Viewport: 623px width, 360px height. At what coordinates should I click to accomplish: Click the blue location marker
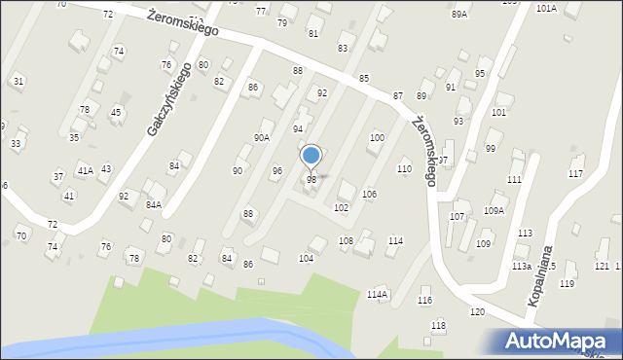click(311, 156)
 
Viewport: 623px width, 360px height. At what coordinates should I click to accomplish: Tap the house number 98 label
click(311, 180)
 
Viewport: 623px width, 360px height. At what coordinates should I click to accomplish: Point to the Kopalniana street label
click(545, 275)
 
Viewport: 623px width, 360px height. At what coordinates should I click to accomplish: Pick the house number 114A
click(377, 294)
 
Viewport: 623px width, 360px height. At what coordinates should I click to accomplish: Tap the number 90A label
click(262, 138)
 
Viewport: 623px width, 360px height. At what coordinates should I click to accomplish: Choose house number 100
click(376, 138)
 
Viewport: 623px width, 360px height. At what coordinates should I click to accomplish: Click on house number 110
click(404, 169)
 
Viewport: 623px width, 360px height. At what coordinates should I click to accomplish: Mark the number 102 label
click(342, 208)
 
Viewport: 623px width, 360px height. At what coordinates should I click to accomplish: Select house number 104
click(306, 258)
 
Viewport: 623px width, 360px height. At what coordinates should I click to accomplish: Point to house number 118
click(439, 325)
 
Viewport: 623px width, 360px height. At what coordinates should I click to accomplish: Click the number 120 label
click(477, 311)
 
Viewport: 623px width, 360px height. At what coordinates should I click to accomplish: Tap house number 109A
click(494, 210)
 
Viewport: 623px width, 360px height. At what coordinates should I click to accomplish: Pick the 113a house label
click(522, 266)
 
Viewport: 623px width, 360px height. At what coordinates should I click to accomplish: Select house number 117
click(575, 174)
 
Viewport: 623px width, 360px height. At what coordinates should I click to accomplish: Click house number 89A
click(459, 15)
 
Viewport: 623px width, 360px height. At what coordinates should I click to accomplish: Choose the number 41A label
click(85, 171)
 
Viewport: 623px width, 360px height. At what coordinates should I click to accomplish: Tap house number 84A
click(154, 205)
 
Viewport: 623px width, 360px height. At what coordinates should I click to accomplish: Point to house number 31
click(18, 81)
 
